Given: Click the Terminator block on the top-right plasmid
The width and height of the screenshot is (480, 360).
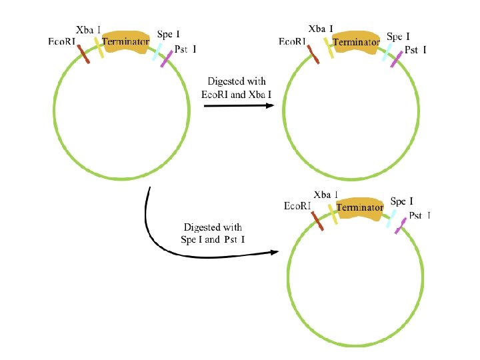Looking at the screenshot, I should pos(356,42).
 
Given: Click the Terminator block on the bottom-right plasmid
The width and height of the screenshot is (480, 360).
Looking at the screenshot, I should pos(360,208).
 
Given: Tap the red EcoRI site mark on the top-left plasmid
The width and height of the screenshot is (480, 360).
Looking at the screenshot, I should pos(83,54).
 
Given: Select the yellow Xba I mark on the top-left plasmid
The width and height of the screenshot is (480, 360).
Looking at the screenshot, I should pos(100,47).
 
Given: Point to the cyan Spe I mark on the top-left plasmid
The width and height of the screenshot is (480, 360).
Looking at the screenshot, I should pos(158,51).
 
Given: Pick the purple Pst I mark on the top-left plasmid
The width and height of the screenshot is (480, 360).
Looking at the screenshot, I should pos(166,59).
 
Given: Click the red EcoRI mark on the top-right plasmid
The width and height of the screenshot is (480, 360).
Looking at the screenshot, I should pos(313,55).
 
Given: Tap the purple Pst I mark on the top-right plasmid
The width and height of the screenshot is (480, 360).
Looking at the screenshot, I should pos(396,59).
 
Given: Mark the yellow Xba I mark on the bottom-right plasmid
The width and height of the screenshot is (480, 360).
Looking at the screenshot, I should pos(333,214).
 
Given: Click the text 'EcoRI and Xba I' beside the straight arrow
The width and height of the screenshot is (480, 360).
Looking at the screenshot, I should pos(236,94).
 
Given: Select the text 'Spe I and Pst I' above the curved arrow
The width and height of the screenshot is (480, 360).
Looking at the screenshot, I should pos(213,239).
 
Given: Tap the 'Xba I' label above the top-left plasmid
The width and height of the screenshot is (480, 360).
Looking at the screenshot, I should pos(89,30).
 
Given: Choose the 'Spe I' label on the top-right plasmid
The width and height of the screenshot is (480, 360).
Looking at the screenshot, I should pos(399,36).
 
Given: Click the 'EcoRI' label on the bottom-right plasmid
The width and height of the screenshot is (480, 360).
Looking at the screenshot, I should pos(297,206).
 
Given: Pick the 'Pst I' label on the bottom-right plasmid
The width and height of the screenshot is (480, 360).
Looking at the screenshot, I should pos(419,215).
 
